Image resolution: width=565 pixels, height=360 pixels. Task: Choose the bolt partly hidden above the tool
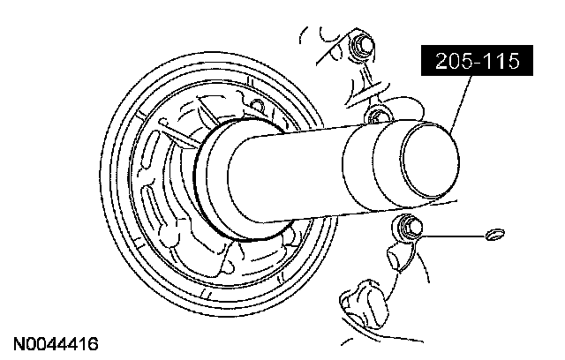coord(378,115)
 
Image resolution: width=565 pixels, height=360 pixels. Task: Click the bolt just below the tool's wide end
coord(409,226)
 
